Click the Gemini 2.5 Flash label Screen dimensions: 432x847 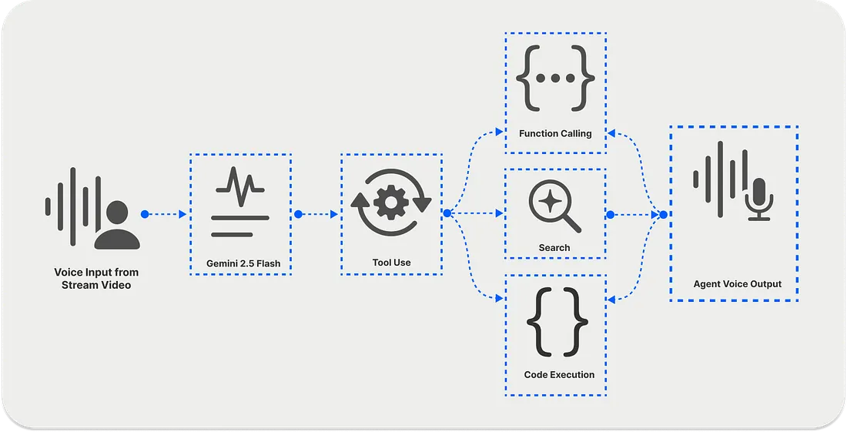pos(243,263)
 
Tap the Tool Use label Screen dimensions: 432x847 pos(391,263)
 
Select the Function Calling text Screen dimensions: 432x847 pos(555,133)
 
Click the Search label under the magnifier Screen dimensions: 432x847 pos(554,247)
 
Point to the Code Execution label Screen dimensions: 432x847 pos(559,374)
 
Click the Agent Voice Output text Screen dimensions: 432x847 pos(737,283)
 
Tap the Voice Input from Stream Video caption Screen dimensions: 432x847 pos(96,279)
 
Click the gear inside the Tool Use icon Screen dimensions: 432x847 pos(390,203)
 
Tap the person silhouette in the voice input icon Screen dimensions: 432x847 pos(118,225)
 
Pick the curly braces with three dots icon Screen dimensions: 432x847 pos(555,79)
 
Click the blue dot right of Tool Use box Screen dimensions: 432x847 pos(447,214)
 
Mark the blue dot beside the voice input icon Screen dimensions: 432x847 pos(144,214)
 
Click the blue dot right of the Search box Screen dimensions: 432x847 pos(610,214)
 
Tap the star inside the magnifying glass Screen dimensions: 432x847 pos(550,200)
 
